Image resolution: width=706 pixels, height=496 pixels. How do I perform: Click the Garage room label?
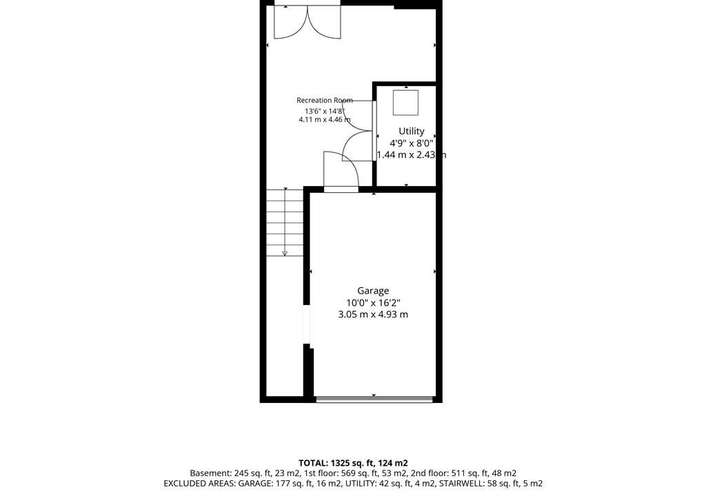coord(373,291)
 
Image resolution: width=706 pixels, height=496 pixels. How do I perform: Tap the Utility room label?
coord(411,131)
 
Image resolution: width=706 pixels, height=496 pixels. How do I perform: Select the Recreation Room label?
coord(324,101)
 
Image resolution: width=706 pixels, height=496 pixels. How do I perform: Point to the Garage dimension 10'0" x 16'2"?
coord(373,303)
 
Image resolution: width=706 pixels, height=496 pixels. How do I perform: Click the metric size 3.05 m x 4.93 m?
coord(373,315)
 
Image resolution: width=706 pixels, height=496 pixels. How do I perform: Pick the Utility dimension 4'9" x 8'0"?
coord(411,143)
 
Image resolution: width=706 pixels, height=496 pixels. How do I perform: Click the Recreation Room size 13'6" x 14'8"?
coord(324,111)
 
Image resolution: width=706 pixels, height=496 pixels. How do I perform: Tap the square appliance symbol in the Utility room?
coord(405,103)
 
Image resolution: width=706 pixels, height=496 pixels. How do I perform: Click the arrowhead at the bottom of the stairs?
coord(285,254)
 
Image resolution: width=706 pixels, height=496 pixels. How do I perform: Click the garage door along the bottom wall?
coord(374,399)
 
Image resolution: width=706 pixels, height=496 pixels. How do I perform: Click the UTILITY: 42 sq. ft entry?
coord(381,484)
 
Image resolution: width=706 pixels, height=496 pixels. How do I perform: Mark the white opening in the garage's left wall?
coord(307,324)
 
